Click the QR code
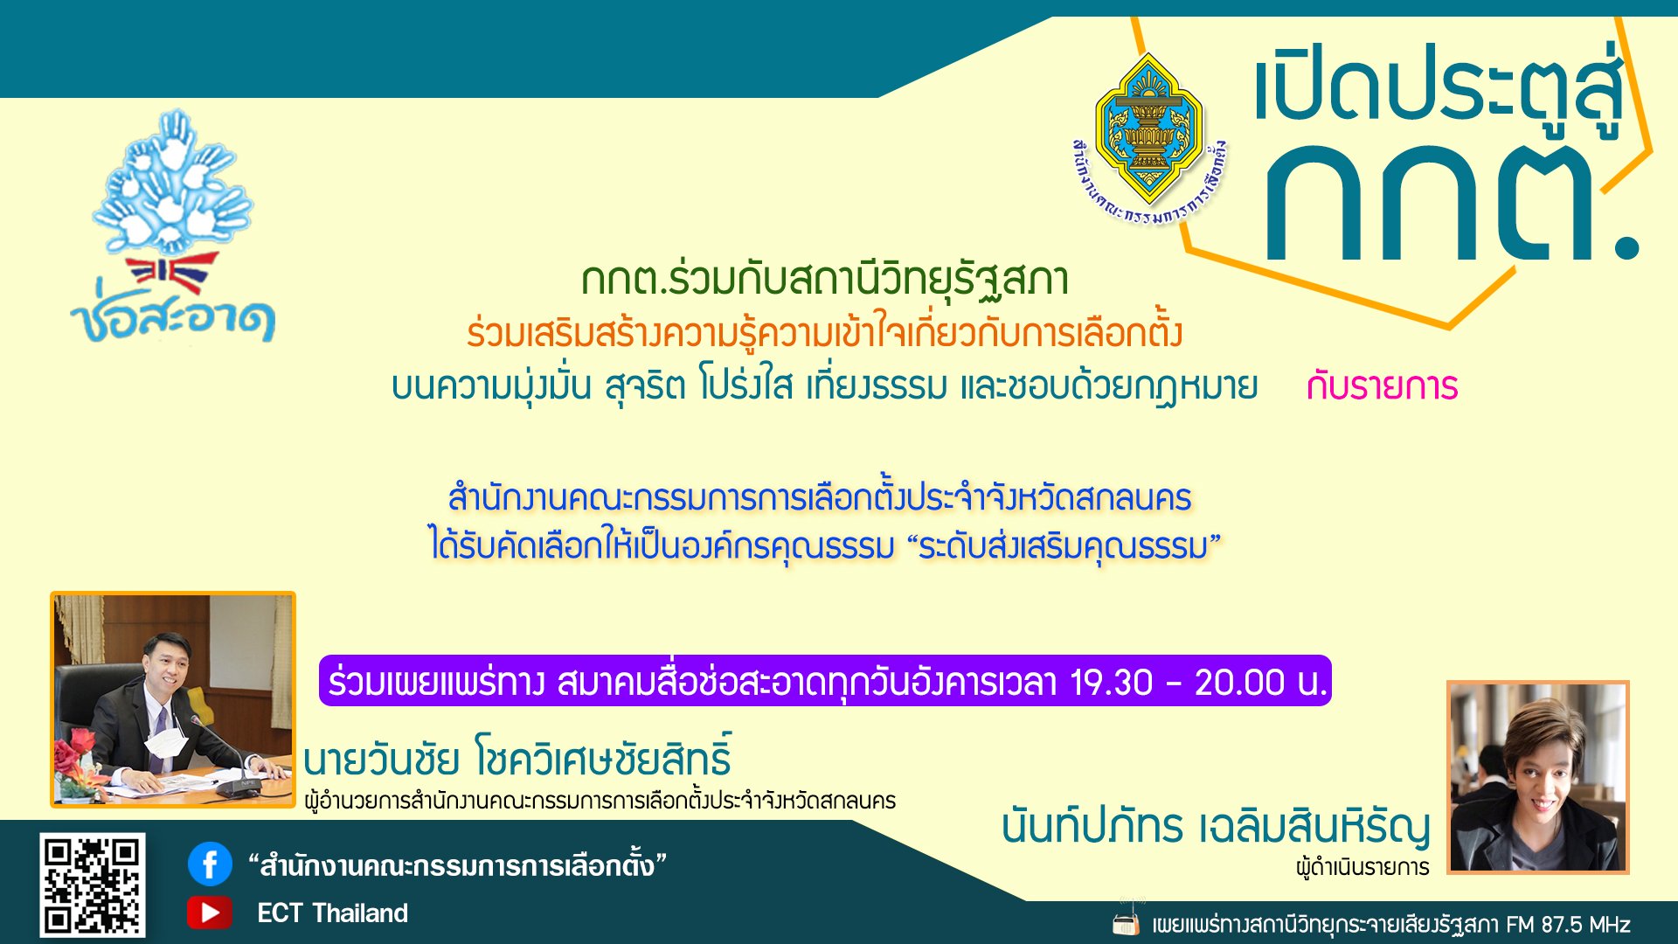(x=93, y=885)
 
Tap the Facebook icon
(x=210, y=864)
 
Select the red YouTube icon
(x=210, y=913)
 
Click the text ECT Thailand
(x=332, y=913)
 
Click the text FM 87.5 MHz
(x=1568, y=924)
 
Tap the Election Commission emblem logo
(x=1149, y=140)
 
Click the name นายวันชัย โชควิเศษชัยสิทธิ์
(x=517, y=757)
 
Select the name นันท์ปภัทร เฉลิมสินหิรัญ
(x=1216, y=827)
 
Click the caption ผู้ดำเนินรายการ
(x=1363, y=867)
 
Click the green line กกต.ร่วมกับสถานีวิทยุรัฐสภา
(x=825, y=280)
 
